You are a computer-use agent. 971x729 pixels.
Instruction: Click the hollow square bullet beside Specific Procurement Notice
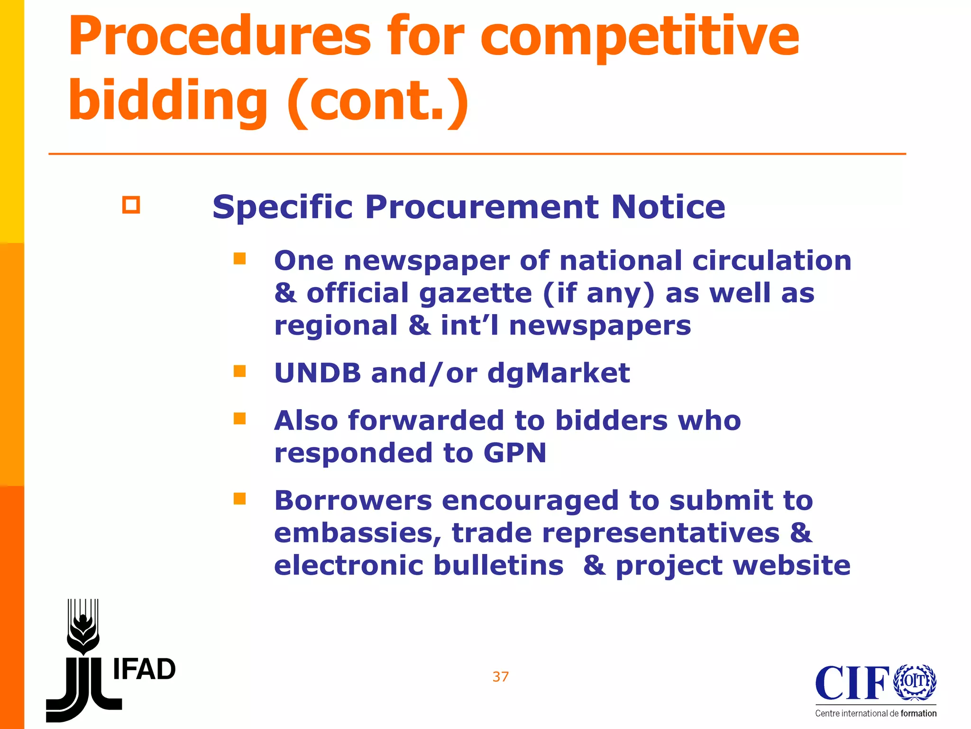pos(131,205)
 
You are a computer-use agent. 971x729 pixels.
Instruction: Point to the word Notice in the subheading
pos(668,207)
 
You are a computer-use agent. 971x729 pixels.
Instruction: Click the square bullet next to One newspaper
pos(239,259)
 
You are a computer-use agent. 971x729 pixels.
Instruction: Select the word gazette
pos(476,294)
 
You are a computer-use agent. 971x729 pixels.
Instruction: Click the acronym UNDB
pos(318,373)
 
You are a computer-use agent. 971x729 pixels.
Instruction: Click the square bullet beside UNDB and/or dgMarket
pos(239,371)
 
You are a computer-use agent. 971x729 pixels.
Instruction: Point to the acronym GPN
pos(514,453)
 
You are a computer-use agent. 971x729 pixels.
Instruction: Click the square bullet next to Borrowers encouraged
pos(239,498)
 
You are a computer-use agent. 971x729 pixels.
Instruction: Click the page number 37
pos(501,677)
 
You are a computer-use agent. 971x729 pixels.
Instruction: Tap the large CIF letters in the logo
pos(852,683)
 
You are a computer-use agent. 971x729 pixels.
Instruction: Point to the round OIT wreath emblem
pos(915,682)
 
